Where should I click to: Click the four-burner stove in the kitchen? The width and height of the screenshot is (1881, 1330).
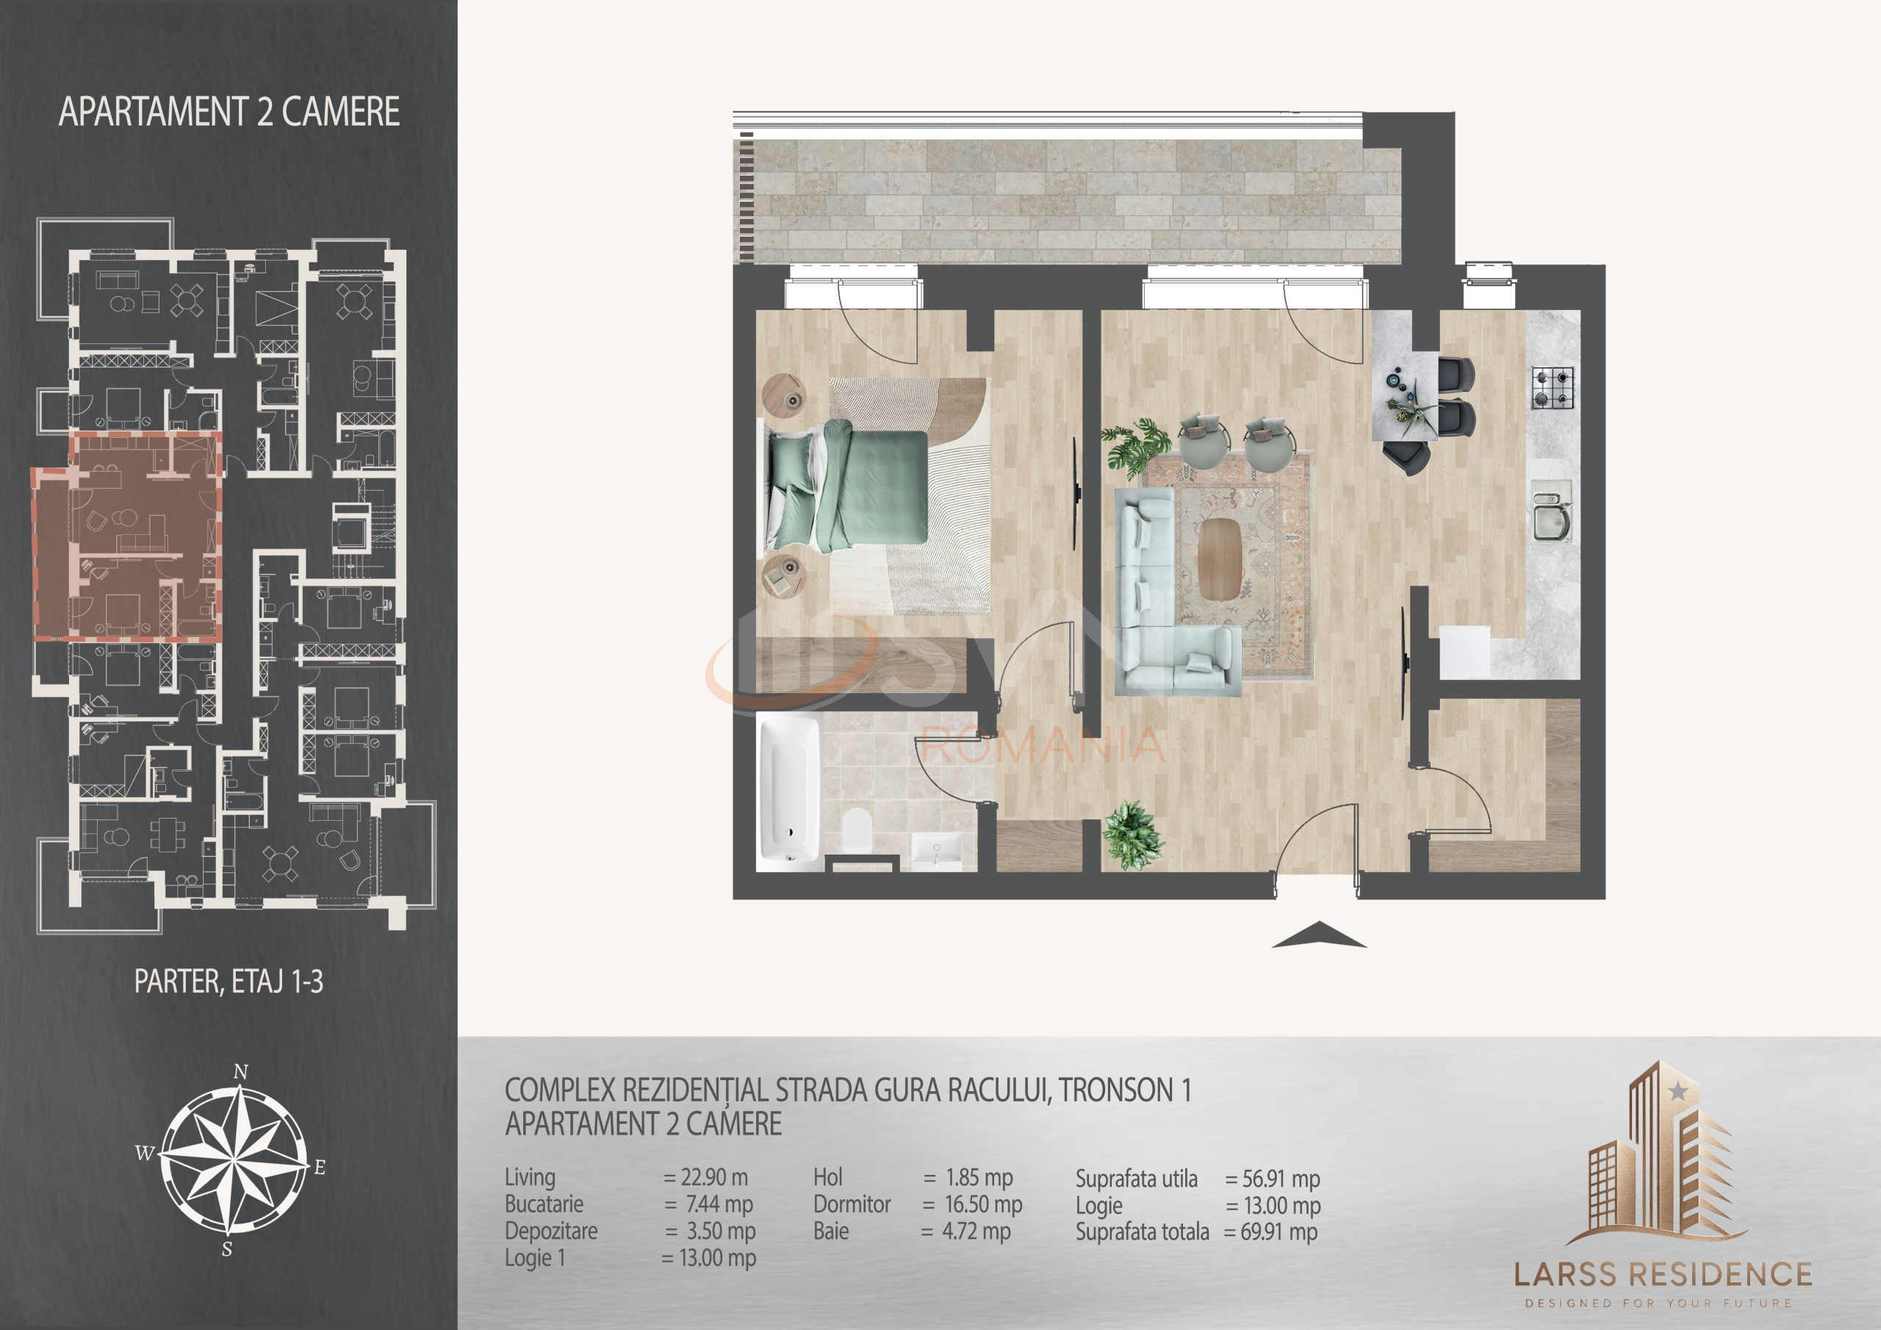pos(1553,389)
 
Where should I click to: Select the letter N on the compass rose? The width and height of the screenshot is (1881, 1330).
pos(241,1071)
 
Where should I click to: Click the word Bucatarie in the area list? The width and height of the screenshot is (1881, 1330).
pos(544,1204)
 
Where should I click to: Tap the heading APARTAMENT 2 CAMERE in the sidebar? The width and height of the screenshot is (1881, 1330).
pos(229,112)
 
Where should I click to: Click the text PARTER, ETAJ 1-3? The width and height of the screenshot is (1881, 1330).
pos(229,982)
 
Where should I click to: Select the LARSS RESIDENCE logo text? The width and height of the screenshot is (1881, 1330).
pos(1662,1275)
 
